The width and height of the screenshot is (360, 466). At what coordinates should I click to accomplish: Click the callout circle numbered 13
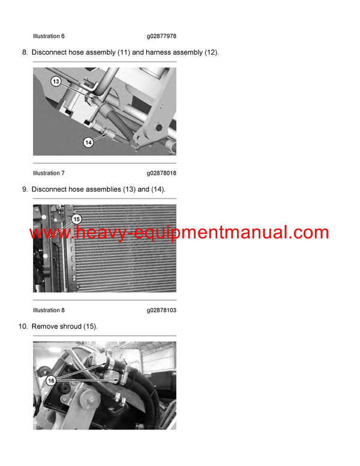[56, 82]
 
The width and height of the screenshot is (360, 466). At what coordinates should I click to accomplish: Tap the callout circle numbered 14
[88, 142]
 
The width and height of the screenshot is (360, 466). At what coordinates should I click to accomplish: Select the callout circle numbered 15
[76, 219]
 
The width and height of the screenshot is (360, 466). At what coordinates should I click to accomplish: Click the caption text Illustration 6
[49, 37]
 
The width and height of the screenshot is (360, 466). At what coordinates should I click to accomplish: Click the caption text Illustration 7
[49, 174]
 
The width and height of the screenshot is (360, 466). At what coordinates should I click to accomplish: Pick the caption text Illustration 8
[49, 310]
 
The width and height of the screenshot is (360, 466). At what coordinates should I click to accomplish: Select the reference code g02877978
[161, 37]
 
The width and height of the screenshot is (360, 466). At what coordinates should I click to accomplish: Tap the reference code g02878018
[161, 174]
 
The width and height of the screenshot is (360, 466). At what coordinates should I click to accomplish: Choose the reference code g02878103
[161, 310]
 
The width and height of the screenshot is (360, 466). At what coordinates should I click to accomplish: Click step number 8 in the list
[25, 52]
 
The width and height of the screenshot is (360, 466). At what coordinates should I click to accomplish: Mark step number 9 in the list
[25, 189]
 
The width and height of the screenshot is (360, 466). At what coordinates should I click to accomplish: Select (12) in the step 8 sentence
[211, 52]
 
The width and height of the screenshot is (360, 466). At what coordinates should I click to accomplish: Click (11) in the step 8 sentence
[120, 52]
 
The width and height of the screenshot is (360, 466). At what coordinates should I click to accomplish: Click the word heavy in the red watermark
[96, 233]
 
